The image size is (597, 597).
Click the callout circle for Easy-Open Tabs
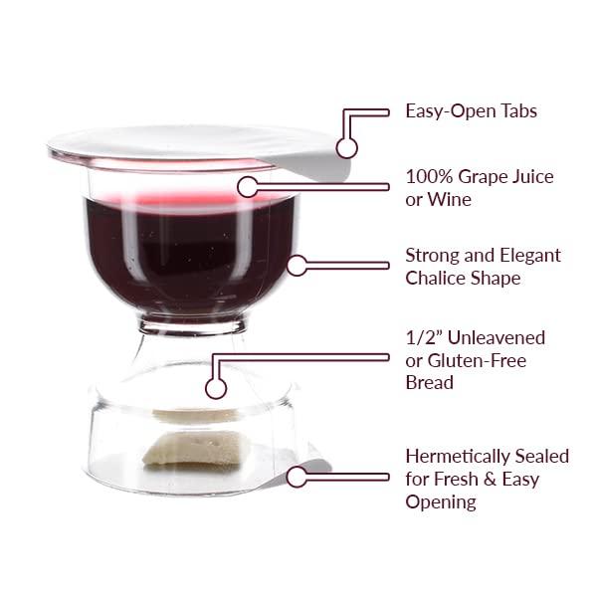point(346,147)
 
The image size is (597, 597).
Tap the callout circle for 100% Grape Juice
point(248,187)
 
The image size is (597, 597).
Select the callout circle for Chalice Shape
point(297,266)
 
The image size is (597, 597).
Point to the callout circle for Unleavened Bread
point(216,389)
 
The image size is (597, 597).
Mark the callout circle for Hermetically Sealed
point(297,477)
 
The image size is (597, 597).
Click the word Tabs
point(518,111)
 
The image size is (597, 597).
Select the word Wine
point(450,200)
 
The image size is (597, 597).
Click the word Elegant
point(530,255)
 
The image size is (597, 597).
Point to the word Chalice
point(433,278)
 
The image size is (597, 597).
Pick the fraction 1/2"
point(422,337)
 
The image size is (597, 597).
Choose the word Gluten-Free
point(477,360)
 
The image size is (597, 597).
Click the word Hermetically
point(458,456)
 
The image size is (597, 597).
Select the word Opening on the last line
point(441,502)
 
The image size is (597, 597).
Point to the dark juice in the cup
point(190,255)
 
